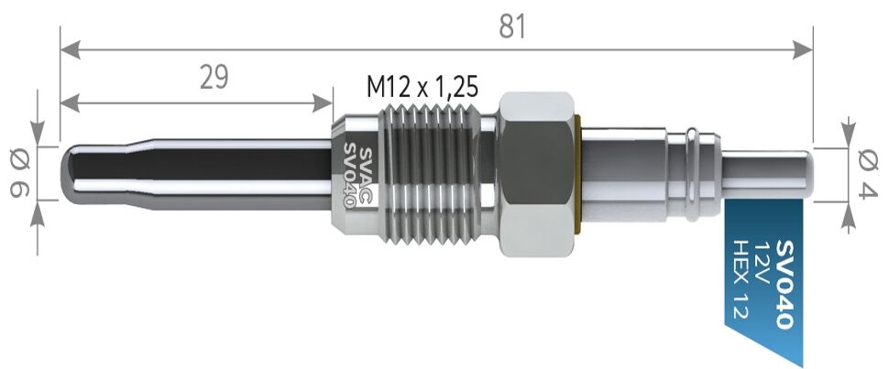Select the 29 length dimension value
(214, 77)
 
